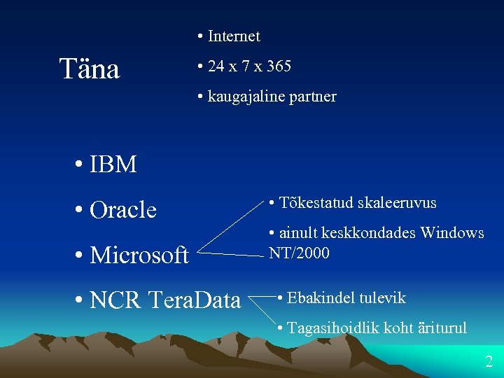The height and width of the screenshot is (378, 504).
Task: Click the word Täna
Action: coord(90,69)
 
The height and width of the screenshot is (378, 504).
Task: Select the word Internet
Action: coord(234,36)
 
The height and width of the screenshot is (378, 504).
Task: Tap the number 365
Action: coord(278,66)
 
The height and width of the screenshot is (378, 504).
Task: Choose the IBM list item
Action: coord(113,164)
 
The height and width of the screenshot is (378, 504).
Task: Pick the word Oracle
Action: coord(123,209)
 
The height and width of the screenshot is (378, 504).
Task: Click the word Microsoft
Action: coord(139,255)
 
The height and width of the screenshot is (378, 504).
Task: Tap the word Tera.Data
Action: coord(195,300)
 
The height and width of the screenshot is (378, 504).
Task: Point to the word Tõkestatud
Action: coord(316,203)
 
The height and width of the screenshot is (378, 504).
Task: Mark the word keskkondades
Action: coord(370,233)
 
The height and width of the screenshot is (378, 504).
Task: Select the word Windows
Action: coord(452,233)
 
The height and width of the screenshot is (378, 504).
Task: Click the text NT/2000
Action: coord(299,253)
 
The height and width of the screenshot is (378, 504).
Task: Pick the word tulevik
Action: coord(382,298)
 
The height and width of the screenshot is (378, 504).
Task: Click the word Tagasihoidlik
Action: coord(335,328)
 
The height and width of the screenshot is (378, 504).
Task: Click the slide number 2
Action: coord(489,362)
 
